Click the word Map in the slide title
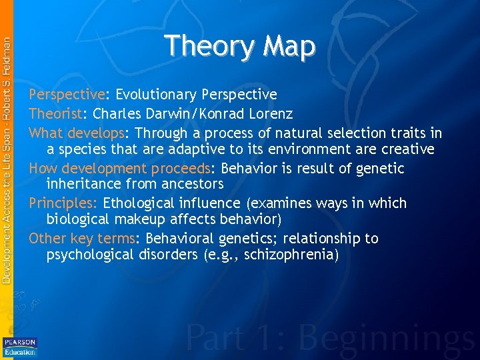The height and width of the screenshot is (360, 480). [x=289, y=47]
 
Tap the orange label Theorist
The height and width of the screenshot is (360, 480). [x=55, y=113]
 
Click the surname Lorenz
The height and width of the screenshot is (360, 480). [x=265, y=113]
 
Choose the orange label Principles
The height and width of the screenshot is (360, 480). [x=63, y=203]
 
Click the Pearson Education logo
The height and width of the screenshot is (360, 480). [x=19, y=346]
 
